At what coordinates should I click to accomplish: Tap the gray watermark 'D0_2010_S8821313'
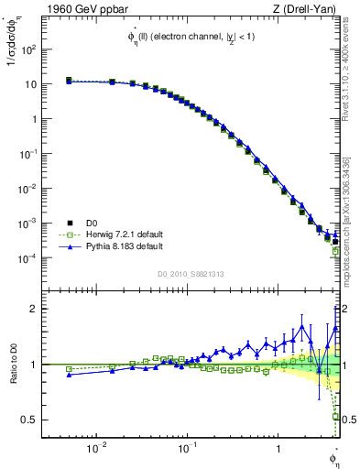pos(191,273)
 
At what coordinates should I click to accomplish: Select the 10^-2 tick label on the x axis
pos(94,448)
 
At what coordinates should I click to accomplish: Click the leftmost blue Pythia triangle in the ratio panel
pos(69,375)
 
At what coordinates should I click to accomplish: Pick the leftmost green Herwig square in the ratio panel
pos(69,369)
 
